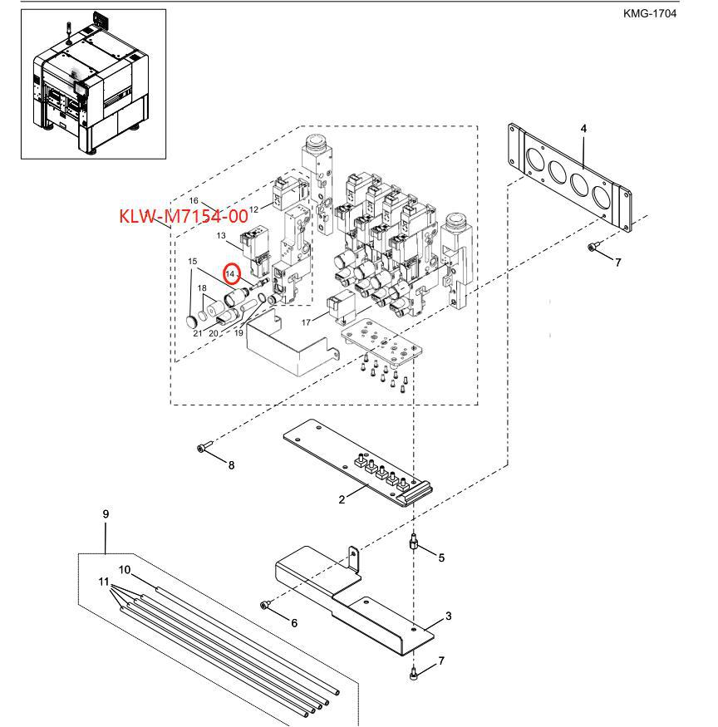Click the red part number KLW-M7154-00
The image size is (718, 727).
point(184,216)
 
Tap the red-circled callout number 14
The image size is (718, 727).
point(230,274)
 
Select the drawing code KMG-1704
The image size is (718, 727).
point(649,13)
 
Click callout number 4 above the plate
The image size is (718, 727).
point(583,129)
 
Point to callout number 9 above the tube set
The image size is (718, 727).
point(106,513)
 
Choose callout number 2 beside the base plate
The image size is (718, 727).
point(342,500)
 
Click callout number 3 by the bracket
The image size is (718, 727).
point(448,616)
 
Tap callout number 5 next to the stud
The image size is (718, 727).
point(441,558)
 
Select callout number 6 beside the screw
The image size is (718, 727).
point(294,623)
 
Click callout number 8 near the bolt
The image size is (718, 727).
point(232,465)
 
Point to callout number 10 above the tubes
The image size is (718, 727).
point(125,570)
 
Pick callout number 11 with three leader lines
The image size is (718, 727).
point(104,582)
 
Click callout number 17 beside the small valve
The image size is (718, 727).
point(306,322)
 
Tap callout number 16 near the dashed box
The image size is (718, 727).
point(194,201)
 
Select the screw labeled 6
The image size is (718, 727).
point(266,605)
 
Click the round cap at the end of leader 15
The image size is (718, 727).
point(191,322)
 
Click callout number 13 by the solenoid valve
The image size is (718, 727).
point(221,235)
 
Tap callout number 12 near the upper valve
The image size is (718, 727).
point(253,209)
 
